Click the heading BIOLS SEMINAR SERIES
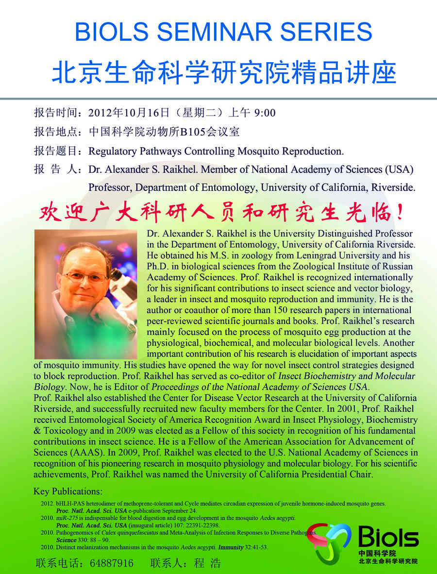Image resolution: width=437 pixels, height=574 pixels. point(223,33)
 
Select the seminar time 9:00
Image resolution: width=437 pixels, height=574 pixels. point(265,113)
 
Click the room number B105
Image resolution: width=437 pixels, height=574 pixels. point(194,132)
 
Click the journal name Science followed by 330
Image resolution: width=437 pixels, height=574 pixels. point(66,540)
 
